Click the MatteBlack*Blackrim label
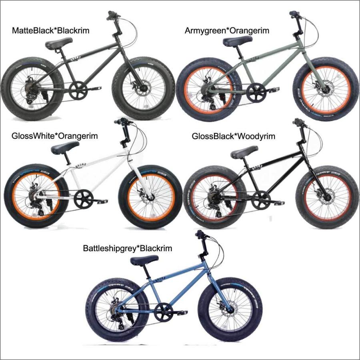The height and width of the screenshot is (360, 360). coord(50,31)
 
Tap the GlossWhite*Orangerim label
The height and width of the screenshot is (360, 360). coord(55,136)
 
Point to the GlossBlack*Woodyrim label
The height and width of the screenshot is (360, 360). coord(234,136)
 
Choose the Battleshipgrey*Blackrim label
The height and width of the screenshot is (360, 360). coord(128,248)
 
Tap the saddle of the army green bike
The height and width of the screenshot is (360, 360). coord(237,41)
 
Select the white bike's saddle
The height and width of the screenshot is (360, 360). coord(65,149)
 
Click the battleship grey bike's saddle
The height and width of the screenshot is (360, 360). coord(144,260)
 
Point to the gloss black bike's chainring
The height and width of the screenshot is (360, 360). coord(261,198)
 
